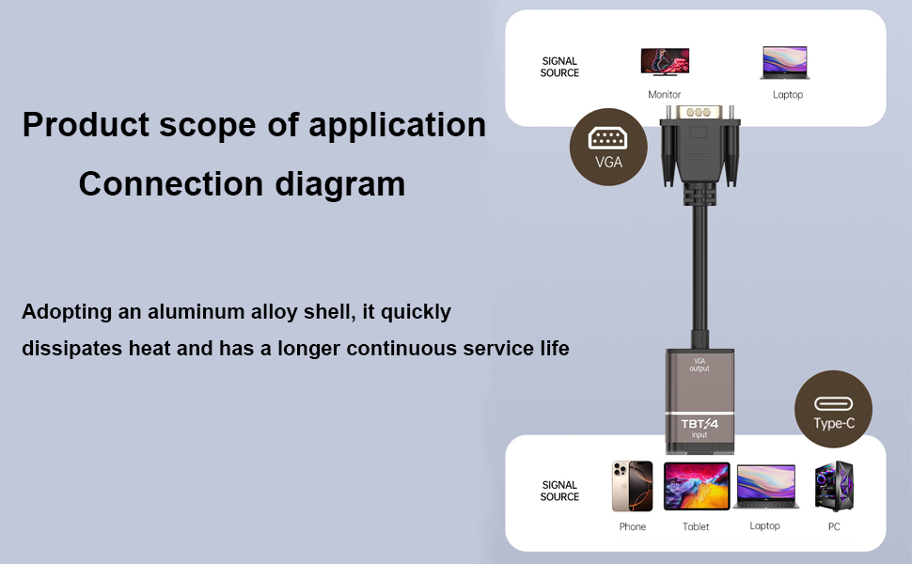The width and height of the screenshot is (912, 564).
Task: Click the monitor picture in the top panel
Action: [x=665, y=62]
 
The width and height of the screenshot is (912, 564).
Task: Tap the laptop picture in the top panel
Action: [x=785, y=63]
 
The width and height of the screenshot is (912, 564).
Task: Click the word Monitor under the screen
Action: [x=664, y=94]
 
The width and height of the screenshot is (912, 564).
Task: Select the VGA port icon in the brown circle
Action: [x=607, y=138]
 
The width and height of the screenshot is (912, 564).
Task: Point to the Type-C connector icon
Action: [x=833, y=403]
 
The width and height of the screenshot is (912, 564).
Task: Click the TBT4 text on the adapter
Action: [x=700, y=424]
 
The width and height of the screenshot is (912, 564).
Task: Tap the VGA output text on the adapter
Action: [x=700, y=365]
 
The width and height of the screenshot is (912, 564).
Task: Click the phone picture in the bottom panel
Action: [x=632, y=486]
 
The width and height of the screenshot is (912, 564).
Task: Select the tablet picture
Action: [x=697, y=486]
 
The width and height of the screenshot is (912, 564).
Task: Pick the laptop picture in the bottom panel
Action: [x=765, y=487]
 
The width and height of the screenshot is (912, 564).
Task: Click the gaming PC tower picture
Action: [x=834, y=486]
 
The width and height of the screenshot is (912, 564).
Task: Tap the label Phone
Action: [x=632, y=526]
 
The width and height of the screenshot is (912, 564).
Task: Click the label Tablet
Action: [x=696, y=526]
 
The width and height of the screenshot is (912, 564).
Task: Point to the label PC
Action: [x=834, y=526]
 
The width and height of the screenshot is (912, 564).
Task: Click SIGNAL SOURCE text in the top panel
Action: [x=559, y=67]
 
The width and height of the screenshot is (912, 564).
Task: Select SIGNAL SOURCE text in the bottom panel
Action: [x=559, y=491]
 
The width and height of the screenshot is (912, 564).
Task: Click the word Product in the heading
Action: [x=86, y=124]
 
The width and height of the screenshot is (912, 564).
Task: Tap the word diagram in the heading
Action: [x=339, y=185]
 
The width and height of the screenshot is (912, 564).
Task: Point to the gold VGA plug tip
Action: [x=700, y=112]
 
